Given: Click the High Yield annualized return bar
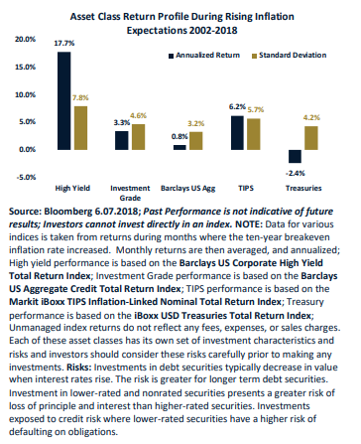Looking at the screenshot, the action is (x=63, y=100).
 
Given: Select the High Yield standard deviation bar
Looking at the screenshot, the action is (x=80, y=128).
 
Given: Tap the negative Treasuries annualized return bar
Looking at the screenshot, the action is (x=295, y=156).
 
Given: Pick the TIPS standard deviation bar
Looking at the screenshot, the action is (x=254, y=134).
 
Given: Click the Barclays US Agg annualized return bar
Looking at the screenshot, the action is (x=180, y=147).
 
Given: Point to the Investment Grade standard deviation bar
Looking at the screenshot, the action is (x=139, y=137).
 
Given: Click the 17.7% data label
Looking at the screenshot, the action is (x=64, y=43).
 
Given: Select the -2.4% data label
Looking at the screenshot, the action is (x=296, y=173).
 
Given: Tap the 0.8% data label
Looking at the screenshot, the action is (x=180, y=136).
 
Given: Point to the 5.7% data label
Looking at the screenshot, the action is (x=256, y=109).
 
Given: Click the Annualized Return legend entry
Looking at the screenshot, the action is (x=204, y=56).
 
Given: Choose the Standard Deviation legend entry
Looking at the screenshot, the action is (x=290, y=56).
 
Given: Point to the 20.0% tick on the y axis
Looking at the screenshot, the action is (x=25, y=39).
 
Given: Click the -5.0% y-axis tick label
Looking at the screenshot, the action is (x=26, y=177).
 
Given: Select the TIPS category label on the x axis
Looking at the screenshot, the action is (x=246, y=188).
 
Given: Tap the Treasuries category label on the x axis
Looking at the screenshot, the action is (x=303, y=188).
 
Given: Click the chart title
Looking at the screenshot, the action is (x=181, y=23).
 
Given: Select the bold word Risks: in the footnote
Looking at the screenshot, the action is (x=79, y=368).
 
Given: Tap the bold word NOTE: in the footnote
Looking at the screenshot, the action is (x=249, y=224).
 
